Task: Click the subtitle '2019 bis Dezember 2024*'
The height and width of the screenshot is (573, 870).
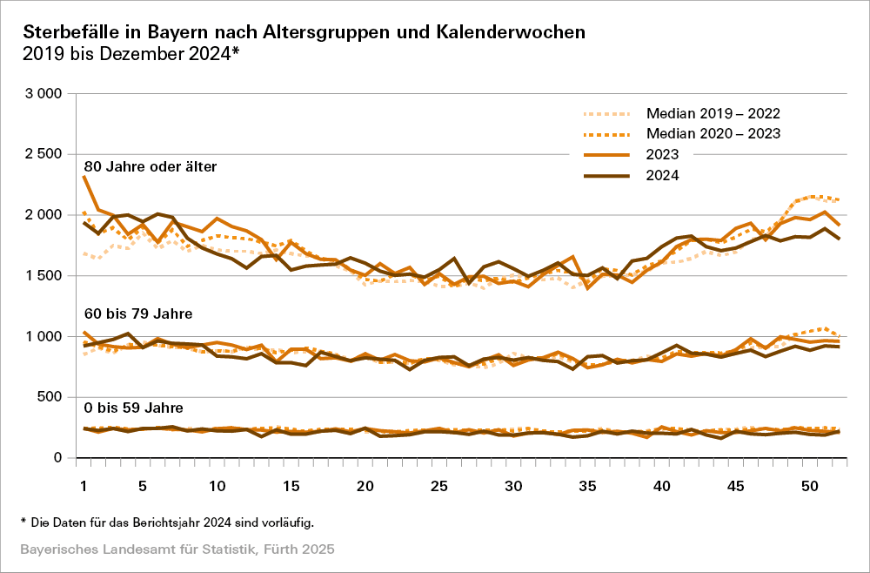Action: [130, 54]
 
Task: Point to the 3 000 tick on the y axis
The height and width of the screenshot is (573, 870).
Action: [43, 93]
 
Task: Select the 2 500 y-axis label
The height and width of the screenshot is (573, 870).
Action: [43, 154]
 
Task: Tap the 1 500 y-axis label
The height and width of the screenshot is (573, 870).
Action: [43, 276]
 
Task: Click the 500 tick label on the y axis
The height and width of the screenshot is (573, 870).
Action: [50, 397]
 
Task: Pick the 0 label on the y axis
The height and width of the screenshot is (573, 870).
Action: [57, 458]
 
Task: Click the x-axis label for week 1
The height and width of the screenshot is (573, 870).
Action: [84, 484]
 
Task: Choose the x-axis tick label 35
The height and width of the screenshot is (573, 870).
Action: [587, 484]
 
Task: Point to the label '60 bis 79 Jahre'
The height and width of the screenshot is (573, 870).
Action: [138, 313]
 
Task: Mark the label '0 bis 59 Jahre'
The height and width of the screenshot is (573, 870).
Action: [132, 407]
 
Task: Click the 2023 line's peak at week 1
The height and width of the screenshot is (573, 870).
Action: [84, 177]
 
